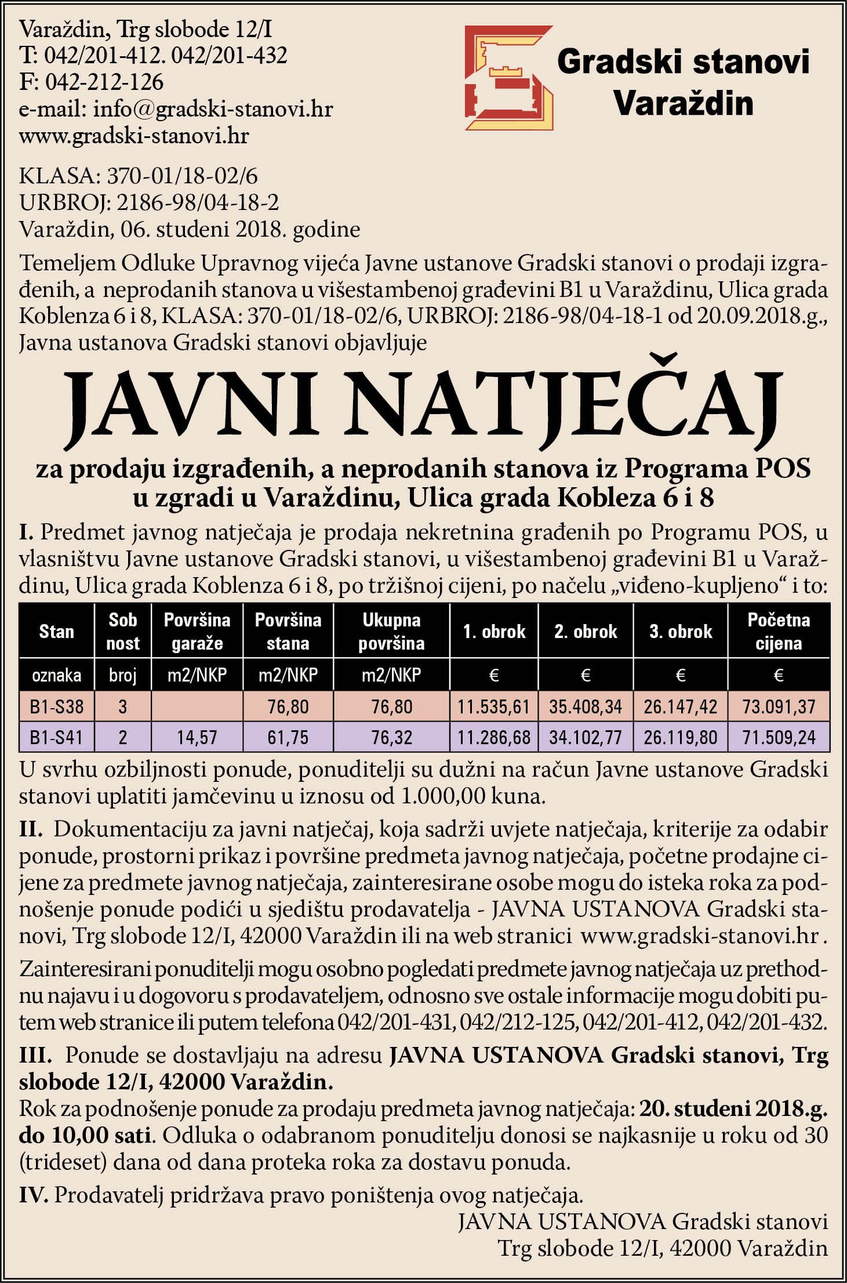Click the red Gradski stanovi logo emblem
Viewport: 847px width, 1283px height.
[x=508, y=78]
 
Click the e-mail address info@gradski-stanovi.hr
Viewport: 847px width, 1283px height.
[x=213, y=109]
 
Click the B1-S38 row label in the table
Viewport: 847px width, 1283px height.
[x=56, y=706]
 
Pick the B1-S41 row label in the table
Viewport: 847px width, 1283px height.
[x=56, y=737]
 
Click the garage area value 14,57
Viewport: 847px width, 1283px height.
[x=197, y=737]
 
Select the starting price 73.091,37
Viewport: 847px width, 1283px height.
[x=779, y=706]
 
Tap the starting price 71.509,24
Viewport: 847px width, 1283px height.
[x=779, y=737]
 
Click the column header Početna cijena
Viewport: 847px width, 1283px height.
[x=779, y=631]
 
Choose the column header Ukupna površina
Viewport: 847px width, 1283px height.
[x=391, y=631]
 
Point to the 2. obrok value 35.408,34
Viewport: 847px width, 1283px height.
[x=586, y=706]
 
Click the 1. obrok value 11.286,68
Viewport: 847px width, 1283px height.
[x=494, y=737]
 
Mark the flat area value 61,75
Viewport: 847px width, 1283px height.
[x=288, y=737]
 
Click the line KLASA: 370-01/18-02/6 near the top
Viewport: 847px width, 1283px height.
[x=139, y=175]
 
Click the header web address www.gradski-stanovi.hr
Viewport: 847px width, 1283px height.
[x=134, y=136]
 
